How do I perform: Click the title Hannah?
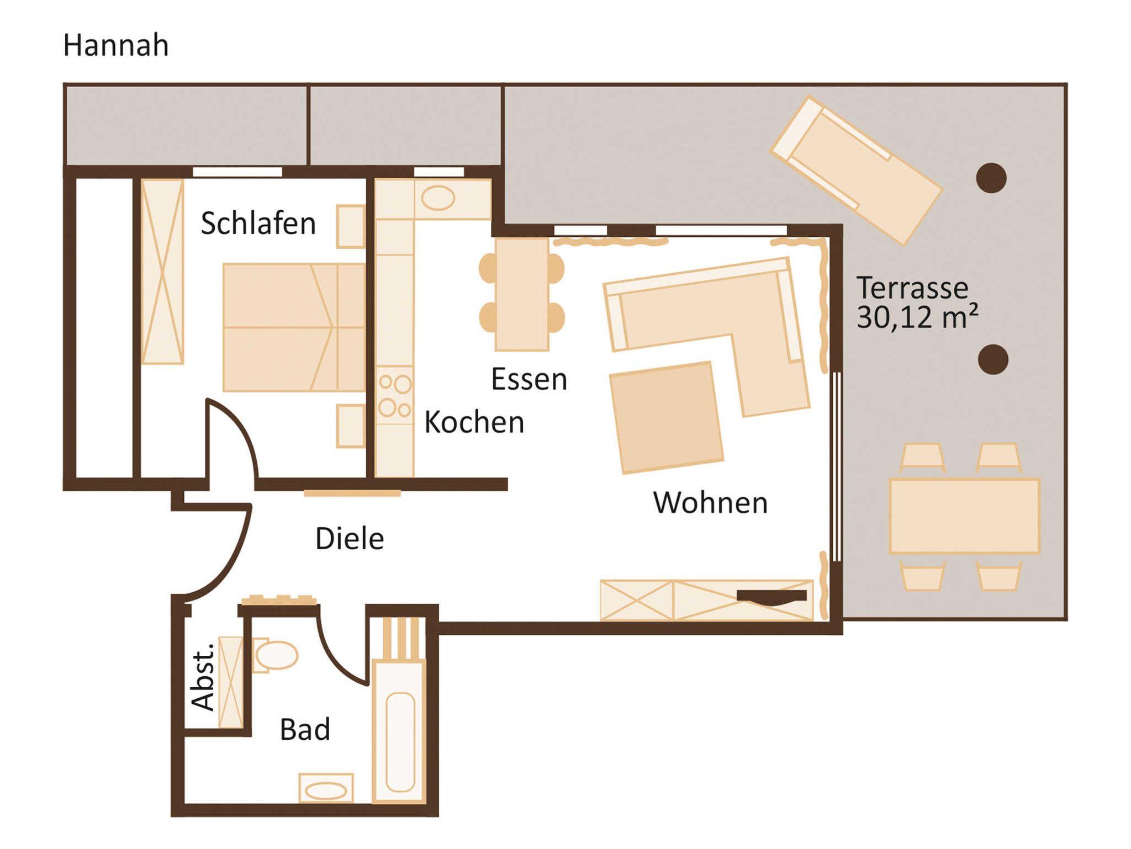(x=116, y=45)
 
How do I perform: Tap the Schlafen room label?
(x=258, y=224)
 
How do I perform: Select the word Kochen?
(x=474, y=423)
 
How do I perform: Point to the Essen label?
(x=529, y=380)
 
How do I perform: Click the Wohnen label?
(x=710, y=503)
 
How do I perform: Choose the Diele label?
(x=350, y=538)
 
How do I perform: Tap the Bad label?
(x=305, y=729)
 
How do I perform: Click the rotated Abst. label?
(x=203, y=676)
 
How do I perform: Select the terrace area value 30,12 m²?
(x=917, y=317)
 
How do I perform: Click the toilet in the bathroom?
(x=276, y=655)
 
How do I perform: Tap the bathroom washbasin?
(x=326, y=788)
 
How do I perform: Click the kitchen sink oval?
(x=438, y=198)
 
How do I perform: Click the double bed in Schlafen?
(x=294, y=327)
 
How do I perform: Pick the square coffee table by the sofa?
(x=667, y=417)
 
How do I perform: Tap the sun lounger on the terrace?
(x=856, y=170)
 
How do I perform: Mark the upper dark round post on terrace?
(x=991, y=178)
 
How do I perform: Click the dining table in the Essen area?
(x=522, y=294)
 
